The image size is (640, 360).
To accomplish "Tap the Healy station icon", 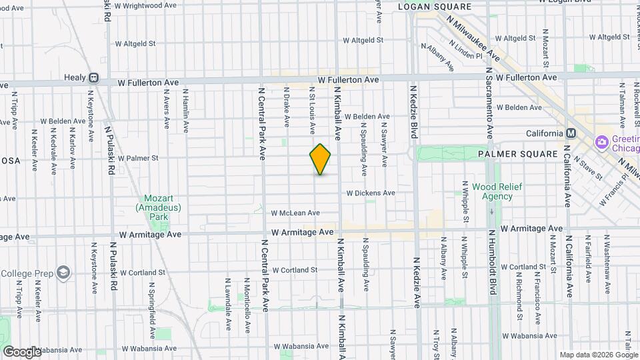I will tap(94, 77).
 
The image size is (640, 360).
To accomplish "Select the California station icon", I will tap(570, 133).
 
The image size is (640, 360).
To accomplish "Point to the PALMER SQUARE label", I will tap(517, 154).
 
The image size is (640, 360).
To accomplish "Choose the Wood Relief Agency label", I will tap(497, 192).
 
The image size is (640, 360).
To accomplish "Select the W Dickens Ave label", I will tap(370, 193).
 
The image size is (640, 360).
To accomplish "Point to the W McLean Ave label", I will tap(295, 213).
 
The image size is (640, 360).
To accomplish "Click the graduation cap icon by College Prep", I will tap(63, 273).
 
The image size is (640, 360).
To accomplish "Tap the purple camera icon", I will tap(602, 141).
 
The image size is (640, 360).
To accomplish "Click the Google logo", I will tap(21, 351).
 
